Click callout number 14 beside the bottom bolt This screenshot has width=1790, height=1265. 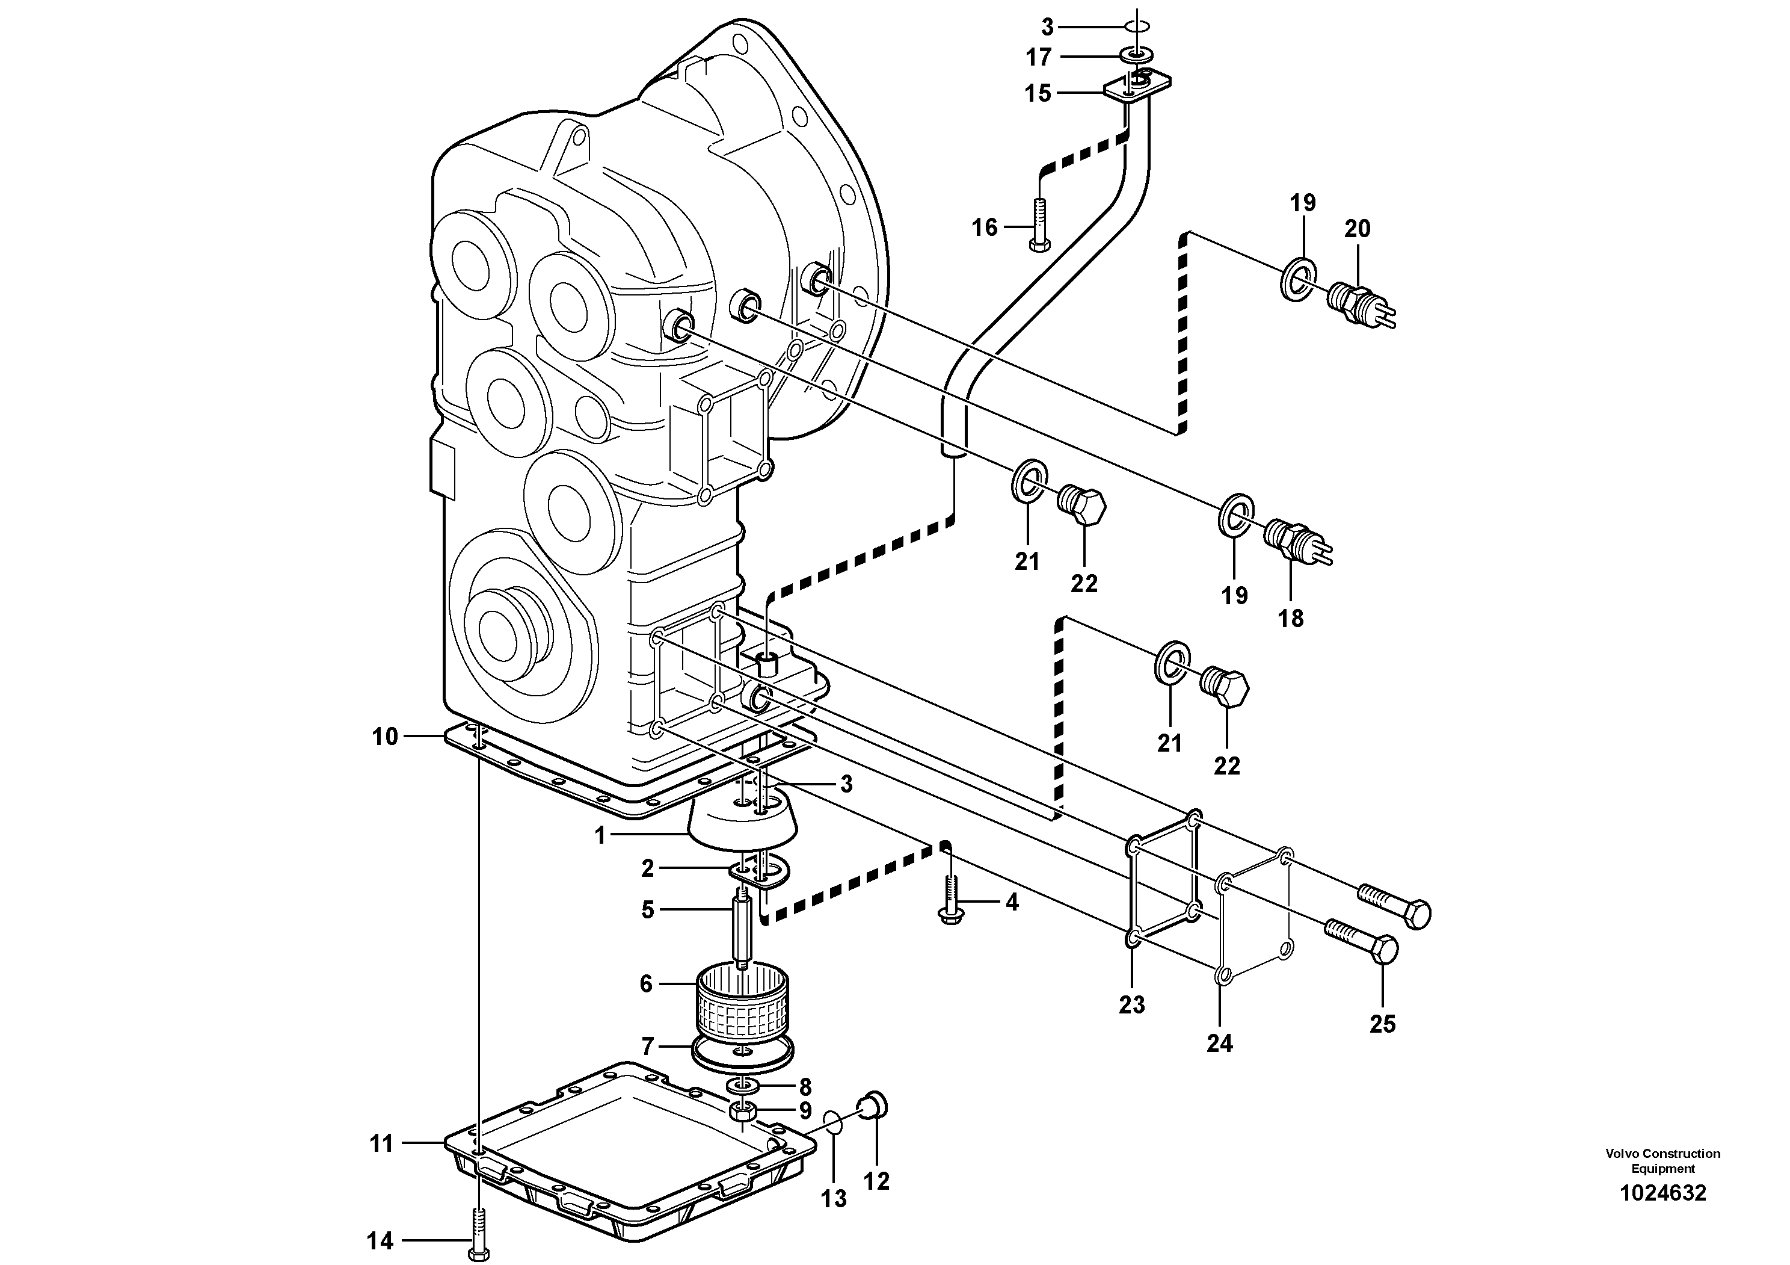pyautogui.click(x=381, y=1241)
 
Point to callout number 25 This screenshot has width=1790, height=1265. pyautogui.click(x=1382, y=1024)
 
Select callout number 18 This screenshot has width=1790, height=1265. pyautogui.click(x=1291, y=619)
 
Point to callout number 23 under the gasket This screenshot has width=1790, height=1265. pyautogui.click(x=1132, y=1005)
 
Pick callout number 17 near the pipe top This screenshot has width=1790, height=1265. pyautogui.click(x=1038, y=57)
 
